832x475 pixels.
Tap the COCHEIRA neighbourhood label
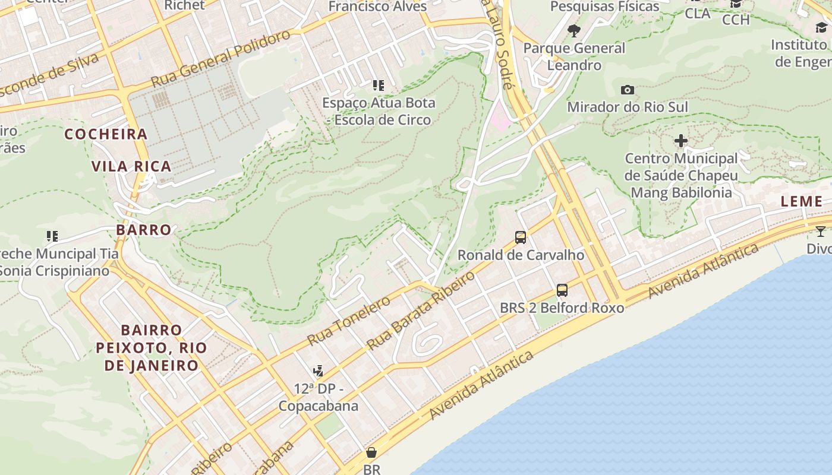point(106,134)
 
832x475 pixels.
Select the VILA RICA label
point(131,166)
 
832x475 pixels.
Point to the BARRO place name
point(143,230)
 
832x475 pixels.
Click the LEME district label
point(801,201)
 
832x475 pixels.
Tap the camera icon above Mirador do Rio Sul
point(627,90)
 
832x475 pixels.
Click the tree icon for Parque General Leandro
point(573,31)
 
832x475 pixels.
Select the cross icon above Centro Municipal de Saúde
point(680,141)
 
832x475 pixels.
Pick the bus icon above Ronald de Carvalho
point(521,237)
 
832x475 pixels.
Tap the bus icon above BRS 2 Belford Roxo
point(562,290)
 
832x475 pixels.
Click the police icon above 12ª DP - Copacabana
point(318,371)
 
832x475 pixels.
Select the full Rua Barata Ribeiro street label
point(421,311)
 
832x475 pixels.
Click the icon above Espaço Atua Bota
point(378,85)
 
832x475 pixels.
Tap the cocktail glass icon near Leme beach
point(820,232)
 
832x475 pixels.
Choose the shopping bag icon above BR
point(371,452)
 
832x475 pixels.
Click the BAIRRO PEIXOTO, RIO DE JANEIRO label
point(152,347)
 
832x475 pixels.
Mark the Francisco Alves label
point(377,7)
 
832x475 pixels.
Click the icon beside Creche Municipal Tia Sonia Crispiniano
point(52,236)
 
